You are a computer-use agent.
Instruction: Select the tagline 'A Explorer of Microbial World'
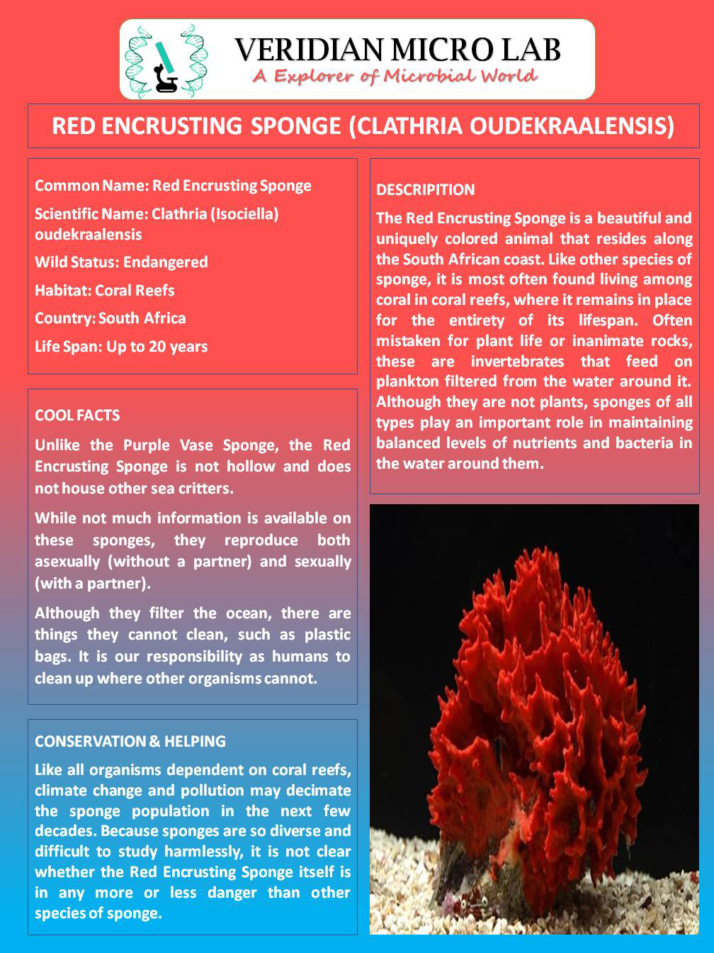(x=395, y=77)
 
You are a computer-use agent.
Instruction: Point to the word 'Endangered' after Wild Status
(x=166, y=262)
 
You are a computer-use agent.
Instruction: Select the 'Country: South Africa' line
(x=110, y=318)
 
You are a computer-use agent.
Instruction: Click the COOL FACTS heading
(x=77, y=416)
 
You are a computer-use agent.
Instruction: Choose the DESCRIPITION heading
(x=426, y=190)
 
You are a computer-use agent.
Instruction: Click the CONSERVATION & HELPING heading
(x=130, y=742)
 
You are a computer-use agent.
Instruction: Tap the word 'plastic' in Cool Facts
(x=323, y=635)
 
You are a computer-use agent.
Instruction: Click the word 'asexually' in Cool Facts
(x=68, y=562)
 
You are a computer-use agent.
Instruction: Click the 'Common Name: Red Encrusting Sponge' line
(x=173, y=186)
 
